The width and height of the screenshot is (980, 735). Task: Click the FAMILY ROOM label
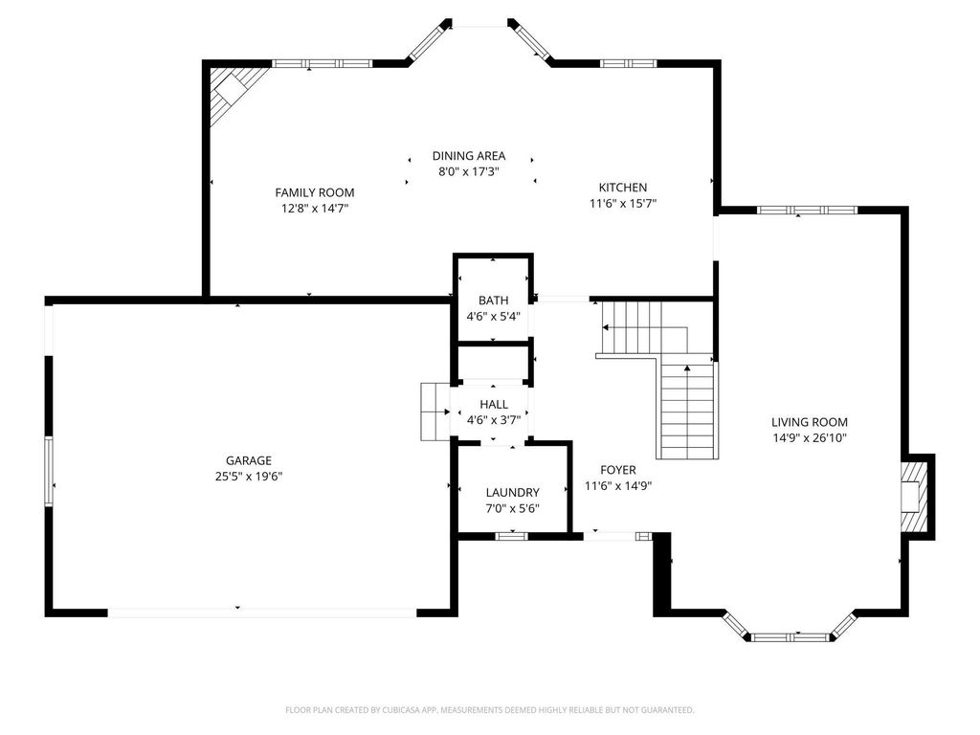tap(315, 192)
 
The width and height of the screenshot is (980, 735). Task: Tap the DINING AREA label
tap(468, 156)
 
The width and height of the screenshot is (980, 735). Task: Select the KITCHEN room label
tap(623, 188)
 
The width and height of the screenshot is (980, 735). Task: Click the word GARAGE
tap(249, 460)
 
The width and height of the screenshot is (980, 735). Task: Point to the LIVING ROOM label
tap(810, 422)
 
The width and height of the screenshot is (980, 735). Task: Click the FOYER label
tap(618, 470)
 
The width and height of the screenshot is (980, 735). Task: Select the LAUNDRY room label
tap(512, 493)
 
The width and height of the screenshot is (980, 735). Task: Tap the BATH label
tap(493, 301)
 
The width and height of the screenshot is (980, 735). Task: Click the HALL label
tap(494, 405)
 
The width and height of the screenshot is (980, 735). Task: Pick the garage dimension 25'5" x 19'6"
tap(249, 476)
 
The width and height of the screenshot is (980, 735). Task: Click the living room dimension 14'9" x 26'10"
tap(810, 437)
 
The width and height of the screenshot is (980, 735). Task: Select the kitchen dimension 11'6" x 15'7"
tap(623, 203)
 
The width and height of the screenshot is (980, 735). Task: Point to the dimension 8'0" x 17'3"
tap(468, 172)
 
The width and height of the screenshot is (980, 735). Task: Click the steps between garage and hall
tap(434, 412)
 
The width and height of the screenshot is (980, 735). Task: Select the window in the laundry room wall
tap(511, 536)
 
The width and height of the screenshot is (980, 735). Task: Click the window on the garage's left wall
tap(48, 470)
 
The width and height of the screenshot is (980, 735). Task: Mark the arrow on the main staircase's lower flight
tap(687, 369)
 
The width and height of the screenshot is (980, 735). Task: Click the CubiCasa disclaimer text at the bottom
tap(490, 710)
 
